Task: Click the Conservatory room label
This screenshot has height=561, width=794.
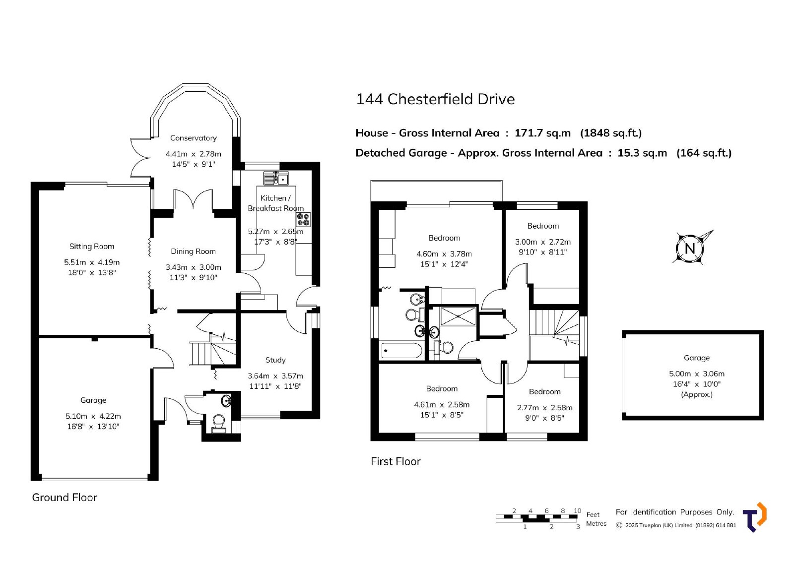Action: pos(193,138)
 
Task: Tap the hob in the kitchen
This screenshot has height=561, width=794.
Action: pos(303,219)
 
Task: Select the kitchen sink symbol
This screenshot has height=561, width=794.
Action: pos(276,178)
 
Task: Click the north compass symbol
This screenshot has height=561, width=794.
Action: pos(690,249)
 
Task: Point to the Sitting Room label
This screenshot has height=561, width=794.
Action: pos(92,247)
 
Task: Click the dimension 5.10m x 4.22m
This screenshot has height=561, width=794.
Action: pos(93,416)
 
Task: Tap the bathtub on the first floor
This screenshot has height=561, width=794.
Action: pos(401,351)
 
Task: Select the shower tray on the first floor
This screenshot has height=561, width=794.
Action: pos(458,316)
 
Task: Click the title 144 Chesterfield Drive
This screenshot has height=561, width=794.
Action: pos(435,99)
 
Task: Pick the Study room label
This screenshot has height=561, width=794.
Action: pos(275,360)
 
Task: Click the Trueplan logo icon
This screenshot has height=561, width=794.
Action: pos(755,517)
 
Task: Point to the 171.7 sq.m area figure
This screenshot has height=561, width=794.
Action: pos(543,133)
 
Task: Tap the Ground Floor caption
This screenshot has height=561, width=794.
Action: pos(65,498)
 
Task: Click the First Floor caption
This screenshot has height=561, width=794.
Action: pos(396,461)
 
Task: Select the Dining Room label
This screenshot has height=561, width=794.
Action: pos(193,251)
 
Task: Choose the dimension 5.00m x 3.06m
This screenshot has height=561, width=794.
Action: pos(697,374)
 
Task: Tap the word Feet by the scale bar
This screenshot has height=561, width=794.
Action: pos(593,514)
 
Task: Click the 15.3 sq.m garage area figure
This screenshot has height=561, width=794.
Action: pos(642,153)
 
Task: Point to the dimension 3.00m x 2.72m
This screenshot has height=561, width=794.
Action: pos(543,242)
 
